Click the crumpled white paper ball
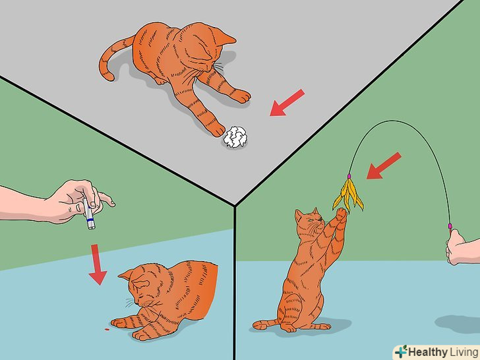pos(235,137)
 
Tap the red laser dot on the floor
pos(107,330)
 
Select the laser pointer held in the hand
pos(89,214)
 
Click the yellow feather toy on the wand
pos(348,195)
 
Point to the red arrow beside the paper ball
pos(287,103)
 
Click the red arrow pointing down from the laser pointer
pos(98,264)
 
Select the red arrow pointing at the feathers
pos(384,166)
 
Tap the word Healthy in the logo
pos(428,351)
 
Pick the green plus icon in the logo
pos(401,351)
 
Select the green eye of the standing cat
pos(311,220)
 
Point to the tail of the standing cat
pos(266,324)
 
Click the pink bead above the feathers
pos(349,176)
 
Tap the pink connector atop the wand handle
pos(450,226)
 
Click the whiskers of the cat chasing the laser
pos(130,303)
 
